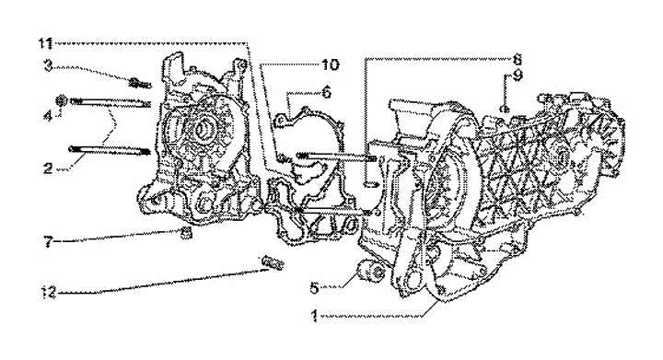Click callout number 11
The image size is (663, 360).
click(45, 42)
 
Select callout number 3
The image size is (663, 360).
click(48, 66)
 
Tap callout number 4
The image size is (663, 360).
click(48, 116)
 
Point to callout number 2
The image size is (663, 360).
click(48, 168)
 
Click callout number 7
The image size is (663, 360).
click(48, 242)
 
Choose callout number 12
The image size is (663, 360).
click(49, 293)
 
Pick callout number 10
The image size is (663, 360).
click(331, 65)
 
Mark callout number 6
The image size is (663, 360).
click(326, 93)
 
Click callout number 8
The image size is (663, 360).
click(518, 59)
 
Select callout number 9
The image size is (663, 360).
click(518, 76)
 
